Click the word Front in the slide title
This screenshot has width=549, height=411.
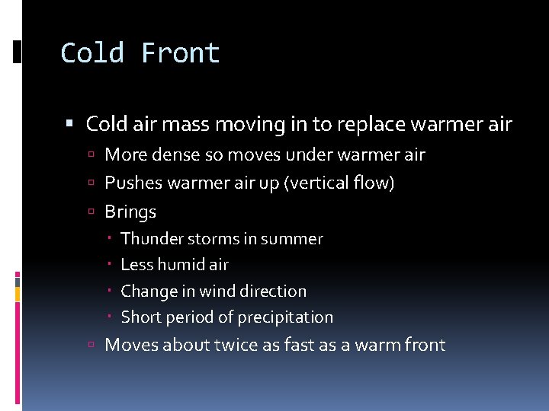tap(181, 53)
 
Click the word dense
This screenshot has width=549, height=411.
tap(173, 155)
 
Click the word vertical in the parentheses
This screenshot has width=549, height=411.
tap(318, 183)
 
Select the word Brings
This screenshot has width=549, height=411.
tap(130, 212)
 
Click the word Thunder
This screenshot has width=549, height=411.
tap(148, 239)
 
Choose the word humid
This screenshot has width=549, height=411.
tap(184, 265)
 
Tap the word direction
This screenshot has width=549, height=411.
tap(272, 292)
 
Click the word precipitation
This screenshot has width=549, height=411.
tap(285, 317)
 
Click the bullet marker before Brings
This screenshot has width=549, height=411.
tap(90, 212)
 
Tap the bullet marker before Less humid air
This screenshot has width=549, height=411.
tap(111, 265)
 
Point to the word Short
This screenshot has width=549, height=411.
tap(140, 317)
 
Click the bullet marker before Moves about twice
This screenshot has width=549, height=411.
tap(90, 346)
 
